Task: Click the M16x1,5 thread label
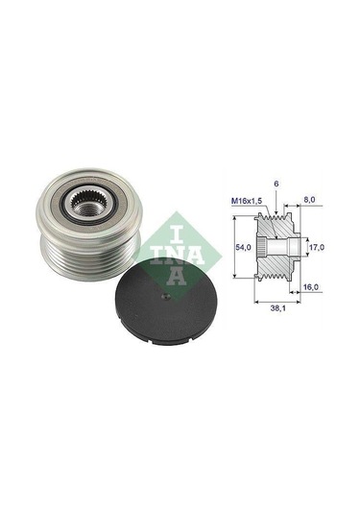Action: point(247,201)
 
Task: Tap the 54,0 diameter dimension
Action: point(243,247)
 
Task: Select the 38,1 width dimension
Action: point(277,308)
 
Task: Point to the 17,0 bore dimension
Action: point(317,247)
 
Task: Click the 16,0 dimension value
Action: point(310,287)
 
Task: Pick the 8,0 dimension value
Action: point(309,199)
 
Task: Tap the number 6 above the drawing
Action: point(276,184)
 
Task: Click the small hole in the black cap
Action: point(167,297)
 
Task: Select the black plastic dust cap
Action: point(166,302)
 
